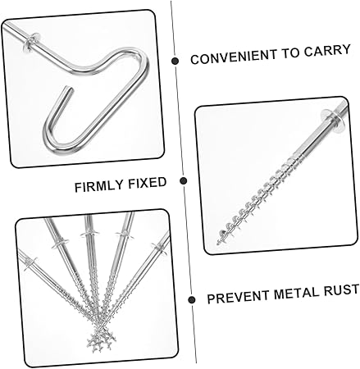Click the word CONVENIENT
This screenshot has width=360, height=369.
point(234,57)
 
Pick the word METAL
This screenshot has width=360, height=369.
point(296,294)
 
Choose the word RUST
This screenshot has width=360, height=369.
point(341,290)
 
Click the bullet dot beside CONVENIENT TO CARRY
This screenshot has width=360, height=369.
point(175,61)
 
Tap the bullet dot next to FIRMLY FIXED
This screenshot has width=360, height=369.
point(184,180)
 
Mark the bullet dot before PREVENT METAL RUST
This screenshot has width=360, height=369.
point(192,299)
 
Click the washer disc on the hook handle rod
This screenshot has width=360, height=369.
point(30,42)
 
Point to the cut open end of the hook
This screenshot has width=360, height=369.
point(70,90)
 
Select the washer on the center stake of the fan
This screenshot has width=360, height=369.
point(89,235)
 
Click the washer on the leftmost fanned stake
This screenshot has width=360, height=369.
point(30,262)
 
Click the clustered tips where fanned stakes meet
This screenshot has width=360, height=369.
point(100,339)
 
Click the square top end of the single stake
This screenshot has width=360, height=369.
point(344,105)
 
